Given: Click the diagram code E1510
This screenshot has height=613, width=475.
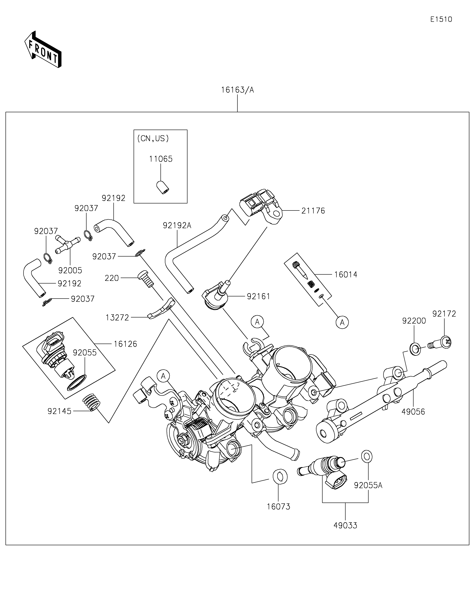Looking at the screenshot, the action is (x=441, y=19).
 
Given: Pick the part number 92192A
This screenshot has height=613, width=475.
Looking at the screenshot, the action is (x=177, y=225).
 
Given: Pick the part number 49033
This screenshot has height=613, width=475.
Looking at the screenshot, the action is (x=345, y=525).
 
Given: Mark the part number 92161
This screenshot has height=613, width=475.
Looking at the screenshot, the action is (x=258, y=296).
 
